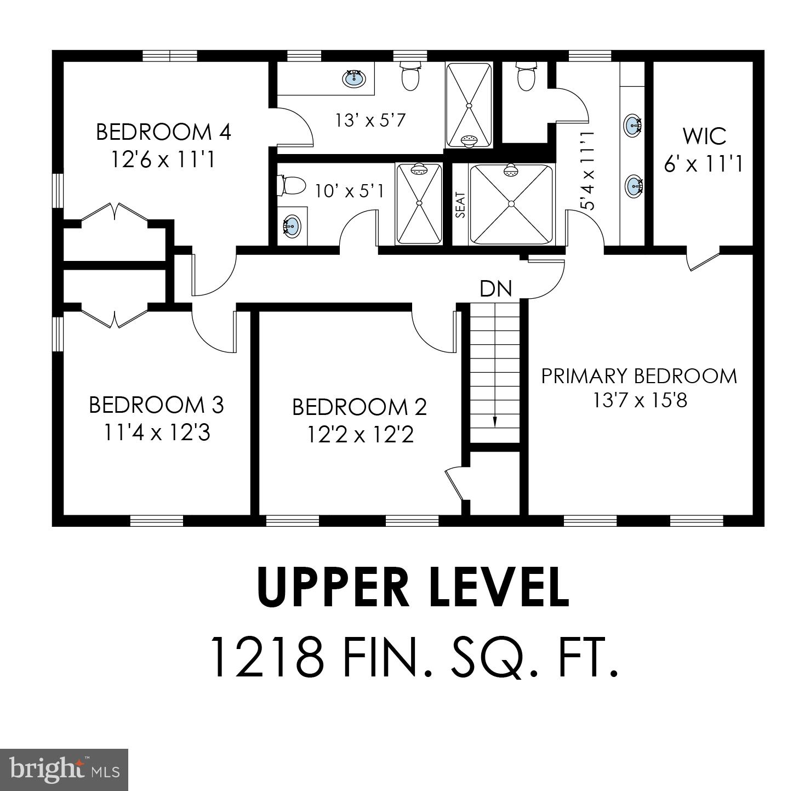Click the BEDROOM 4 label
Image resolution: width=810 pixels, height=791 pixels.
click(163, 132)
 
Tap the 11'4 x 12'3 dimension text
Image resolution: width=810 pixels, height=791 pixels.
click(157, 433)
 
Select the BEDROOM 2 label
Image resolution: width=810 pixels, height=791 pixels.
click(359, 407)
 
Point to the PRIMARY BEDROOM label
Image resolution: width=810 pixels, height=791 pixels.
click(639, 376)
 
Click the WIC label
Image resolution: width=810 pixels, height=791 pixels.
click(704, 136)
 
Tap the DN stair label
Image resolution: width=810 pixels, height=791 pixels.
click(495, 288)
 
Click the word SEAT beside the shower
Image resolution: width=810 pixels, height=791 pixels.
click(460, 204)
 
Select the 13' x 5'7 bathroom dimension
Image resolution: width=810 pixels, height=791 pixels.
click(370, 119)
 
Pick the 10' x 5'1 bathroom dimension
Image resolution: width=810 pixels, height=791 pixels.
click(349, 191)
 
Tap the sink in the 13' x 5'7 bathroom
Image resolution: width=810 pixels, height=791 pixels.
click(354, 78)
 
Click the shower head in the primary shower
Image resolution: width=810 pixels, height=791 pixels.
click(511, 170)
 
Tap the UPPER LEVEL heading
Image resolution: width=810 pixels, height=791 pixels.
click(413, 587)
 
